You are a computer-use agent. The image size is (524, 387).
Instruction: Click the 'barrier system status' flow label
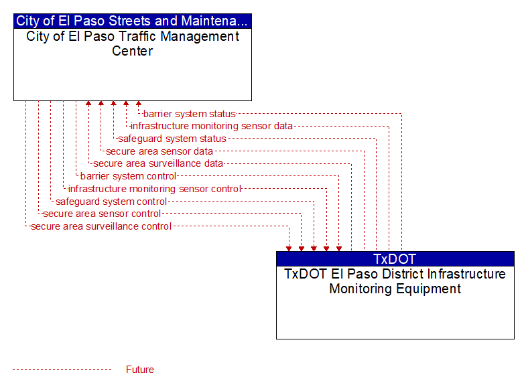click(190, 114)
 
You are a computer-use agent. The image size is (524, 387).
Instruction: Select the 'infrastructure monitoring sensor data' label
click(212, 126)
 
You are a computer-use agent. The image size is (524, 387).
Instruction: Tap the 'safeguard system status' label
click(172, 139)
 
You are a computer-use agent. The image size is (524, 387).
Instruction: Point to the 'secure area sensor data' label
click(159, 151)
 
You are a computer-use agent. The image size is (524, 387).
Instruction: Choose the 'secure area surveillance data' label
click(158, 163)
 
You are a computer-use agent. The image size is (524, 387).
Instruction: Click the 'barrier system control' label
click(129, 176)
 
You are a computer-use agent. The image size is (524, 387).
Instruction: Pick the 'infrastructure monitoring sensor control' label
click(155, 189)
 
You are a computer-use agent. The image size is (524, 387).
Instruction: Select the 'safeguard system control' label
click(111, 202)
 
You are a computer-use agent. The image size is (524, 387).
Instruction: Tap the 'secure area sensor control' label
click(102, 214)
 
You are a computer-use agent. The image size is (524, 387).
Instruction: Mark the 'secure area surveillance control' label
click(101, 226)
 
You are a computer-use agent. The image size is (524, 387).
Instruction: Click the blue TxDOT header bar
click(395, 258)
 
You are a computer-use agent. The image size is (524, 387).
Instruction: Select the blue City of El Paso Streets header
click(132, 21)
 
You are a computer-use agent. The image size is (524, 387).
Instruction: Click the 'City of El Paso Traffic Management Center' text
click(132, 44)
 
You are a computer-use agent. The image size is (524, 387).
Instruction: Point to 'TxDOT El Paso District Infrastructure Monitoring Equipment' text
click(395, 281)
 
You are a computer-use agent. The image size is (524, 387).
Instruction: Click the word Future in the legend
click(139, 370)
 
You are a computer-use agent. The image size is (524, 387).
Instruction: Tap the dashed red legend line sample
click(62, 370)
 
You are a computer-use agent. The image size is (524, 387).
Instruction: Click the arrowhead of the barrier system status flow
click(139, 103)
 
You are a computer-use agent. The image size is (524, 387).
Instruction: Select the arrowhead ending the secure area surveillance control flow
click(289, 249)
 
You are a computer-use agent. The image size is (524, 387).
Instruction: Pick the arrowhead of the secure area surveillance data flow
click(88, 103)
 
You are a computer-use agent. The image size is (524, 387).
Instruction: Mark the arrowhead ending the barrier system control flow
click(339, 249)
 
